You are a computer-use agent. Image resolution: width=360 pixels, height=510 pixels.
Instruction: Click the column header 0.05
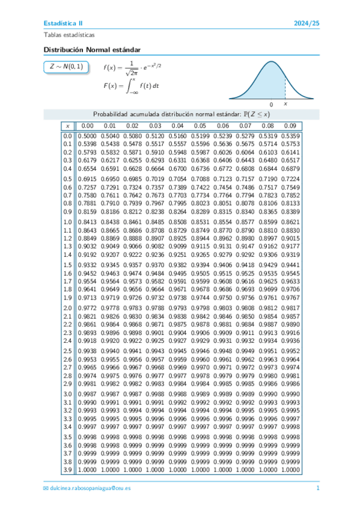click(200, 126)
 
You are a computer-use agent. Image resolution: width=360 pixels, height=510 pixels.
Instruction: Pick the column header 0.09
click(290, 126)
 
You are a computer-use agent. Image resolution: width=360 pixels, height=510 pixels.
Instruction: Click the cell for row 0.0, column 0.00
click(87, 136)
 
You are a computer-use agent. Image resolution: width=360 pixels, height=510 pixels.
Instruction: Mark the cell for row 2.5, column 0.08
click(267, 350)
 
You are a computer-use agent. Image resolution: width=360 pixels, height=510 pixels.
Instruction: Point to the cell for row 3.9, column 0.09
click(290, 469)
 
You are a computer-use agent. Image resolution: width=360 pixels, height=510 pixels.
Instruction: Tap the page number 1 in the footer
click(317, 488)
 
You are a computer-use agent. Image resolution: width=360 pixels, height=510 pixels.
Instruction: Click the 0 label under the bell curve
click(272, 104)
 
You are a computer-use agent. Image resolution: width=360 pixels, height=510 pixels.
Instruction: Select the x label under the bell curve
click(285, 104)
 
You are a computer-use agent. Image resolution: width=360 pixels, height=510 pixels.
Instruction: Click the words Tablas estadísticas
click(69, 35)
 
